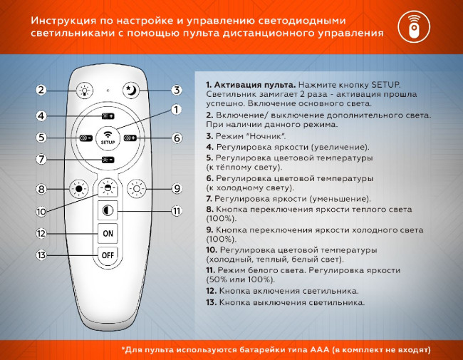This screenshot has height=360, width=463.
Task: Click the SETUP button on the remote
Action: click(108, 137)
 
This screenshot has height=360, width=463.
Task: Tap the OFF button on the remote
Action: click(108, 254)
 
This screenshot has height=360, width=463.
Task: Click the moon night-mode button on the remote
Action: click(130, 89)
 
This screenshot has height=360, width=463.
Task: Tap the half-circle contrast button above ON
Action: click(108, 211)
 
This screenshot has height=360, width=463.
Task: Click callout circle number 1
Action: click(176, 110)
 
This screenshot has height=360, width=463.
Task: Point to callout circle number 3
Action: click(176, 90)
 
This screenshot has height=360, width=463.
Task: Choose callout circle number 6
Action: click(176, 138)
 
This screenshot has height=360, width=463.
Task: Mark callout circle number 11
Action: click(176, 211)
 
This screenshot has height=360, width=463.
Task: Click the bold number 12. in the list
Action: click(212, 292)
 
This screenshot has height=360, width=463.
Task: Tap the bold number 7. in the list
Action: click(209, 198)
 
